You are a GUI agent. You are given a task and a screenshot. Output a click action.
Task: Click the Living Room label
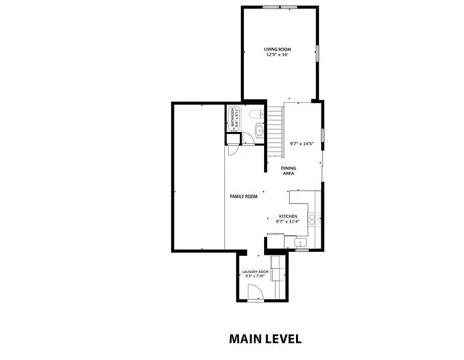coord(277,50)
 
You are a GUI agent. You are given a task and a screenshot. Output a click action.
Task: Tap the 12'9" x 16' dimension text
coord(277,55)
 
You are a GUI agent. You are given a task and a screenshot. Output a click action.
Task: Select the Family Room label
coord(243,196)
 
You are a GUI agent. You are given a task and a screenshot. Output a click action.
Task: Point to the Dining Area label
coord(288,171)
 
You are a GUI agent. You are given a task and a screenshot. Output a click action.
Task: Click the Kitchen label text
coord(288,216)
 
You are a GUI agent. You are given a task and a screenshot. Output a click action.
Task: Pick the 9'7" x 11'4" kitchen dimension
coord(288,221)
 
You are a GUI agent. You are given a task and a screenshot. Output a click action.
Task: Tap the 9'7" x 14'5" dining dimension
coord(302,144)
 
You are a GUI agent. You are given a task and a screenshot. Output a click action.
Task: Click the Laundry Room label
coord(256,272)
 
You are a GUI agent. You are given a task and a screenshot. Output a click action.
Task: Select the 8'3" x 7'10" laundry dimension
coord(255,276)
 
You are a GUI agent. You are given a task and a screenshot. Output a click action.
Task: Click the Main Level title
coord(266,339)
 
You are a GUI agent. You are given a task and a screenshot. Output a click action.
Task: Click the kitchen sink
coord(301,243)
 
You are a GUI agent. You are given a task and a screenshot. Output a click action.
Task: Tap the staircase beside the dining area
coord(275,131)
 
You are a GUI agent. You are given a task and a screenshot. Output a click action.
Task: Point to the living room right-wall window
coord(318,54)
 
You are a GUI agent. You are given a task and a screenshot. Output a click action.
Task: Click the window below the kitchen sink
coord(302,250)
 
